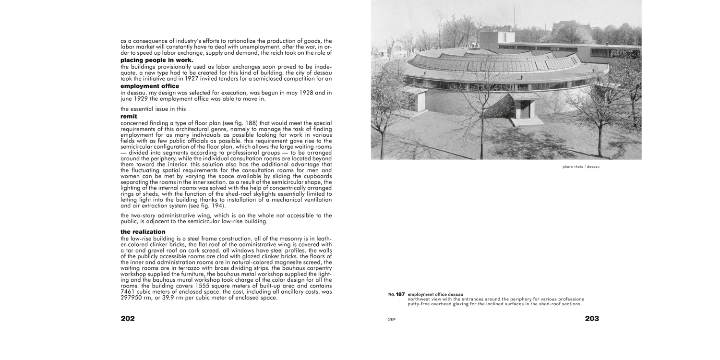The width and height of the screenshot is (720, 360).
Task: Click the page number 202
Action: point(127,319)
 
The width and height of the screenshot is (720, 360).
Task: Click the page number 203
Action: point(591,319)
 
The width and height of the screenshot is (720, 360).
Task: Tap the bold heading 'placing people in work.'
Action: point(156,60)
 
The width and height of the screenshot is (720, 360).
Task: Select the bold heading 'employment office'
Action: point(149,86)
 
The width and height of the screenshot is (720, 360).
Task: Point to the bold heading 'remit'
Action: point(129,116)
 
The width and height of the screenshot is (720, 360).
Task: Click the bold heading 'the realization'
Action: point(143,232)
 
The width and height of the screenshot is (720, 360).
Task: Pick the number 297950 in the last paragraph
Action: point(131,298)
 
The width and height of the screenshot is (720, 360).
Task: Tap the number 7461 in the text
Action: point(129,292)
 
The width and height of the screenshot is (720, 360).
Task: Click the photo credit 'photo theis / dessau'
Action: point(581,167)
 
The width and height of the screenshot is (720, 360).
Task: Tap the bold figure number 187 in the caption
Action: point(400,294)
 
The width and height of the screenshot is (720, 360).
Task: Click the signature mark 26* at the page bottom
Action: point(392,319)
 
